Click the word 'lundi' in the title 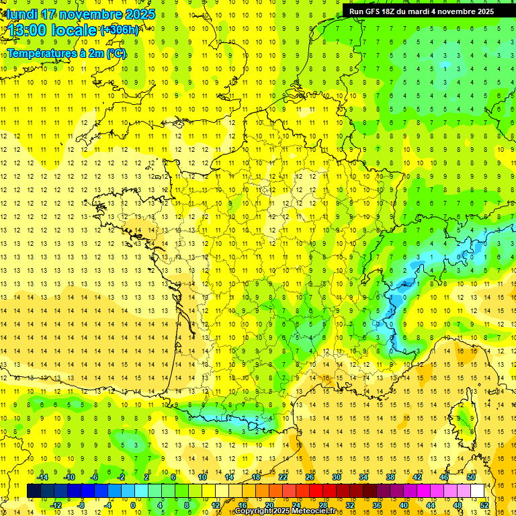pyautogui.click(x=22, y=14)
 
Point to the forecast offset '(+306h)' pyautogui.click(x=120, y=30)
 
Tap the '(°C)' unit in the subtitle pyautogui.click(x=115, y=53)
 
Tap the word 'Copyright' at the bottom pyautogui.click(x=255, y=511)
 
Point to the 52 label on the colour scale pyautogui.click(x=484, y=505)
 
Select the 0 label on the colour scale pyautogui.click(x=132, y=505)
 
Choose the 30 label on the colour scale pyautogui.click(x=337, y=477)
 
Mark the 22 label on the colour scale pyautogui.click(x=283, y=477)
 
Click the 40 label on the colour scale pyautogui.click(x=404, y=505)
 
